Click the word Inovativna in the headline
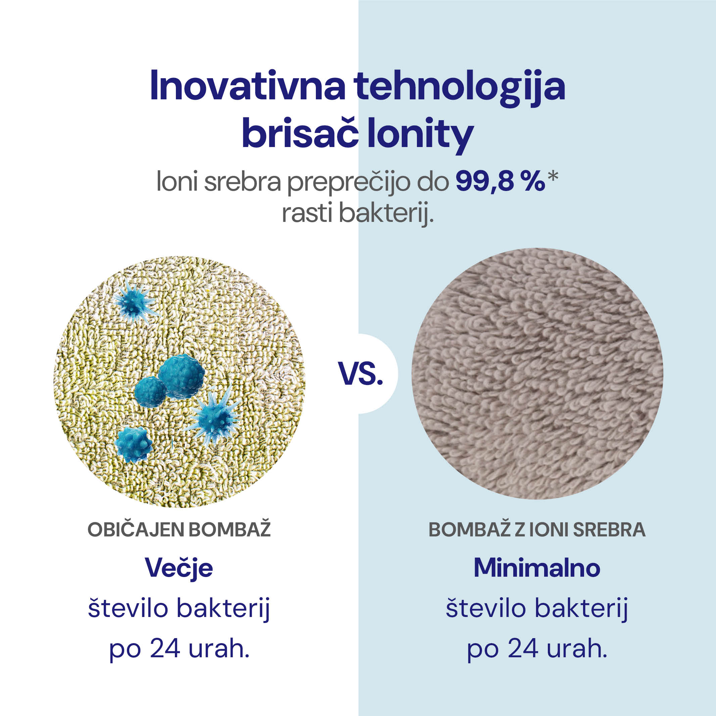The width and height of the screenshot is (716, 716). (247, 86)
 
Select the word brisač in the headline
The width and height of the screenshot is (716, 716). (300, 132)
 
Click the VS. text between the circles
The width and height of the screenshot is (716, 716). (361, 373)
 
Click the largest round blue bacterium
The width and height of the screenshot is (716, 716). (181, 376)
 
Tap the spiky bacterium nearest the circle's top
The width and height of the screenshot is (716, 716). (135, 302)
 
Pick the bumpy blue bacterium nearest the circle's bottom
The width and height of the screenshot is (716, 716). (133, 444)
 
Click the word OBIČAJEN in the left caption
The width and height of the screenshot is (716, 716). (136, 530)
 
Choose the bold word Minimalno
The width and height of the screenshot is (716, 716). (537, 568)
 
